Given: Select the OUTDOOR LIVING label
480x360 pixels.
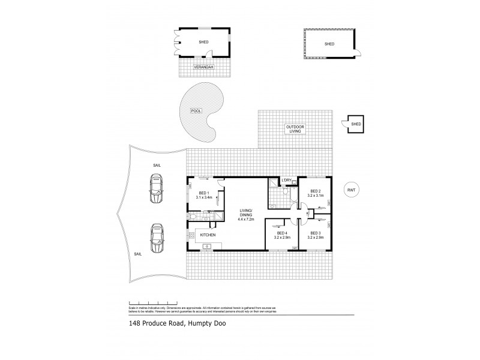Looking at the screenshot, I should (295, 130).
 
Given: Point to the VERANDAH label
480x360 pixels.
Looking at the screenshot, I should (203, 67).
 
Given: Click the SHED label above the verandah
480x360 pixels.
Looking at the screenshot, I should (203, 42).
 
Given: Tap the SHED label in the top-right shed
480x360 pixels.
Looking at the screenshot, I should (329, 44).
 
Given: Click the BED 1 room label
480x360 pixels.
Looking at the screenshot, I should (203, 192).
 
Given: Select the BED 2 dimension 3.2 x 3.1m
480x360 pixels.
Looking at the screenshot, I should (316, 196).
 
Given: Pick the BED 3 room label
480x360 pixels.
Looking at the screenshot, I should (316, 234).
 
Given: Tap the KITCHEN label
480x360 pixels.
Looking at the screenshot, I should (208, 235).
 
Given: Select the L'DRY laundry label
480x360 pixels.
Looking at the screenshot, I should (287, 181).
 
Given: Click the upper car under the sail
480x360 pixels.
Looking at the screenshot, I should (157, 188).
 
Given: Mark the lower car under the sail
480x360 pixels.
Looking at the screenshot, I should (157, 238).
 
